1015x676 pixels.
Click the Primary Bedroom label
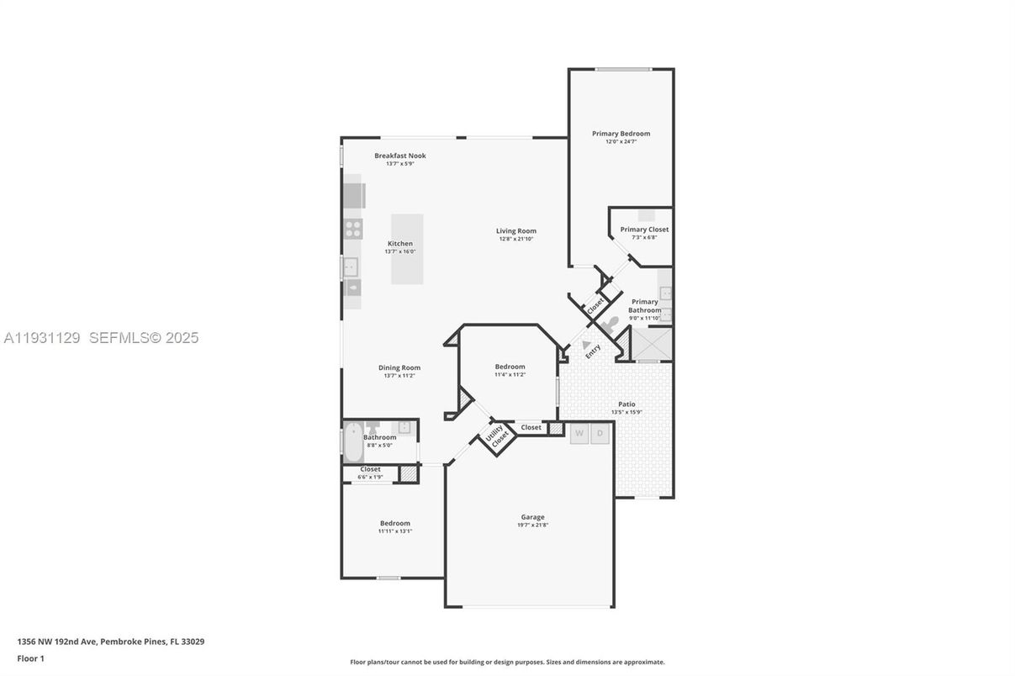[x=621, y=134]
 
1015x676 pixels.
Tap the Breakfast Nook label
[x=400, y=156]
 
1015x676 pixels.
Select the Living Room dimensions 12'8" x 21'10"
[x=515, y=239]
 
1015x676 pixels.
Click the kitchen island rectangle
[x=407, y=249]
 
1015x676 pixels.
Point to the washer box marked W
[x=579, y=434]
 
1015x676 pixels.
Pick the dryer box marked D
[x=600, y=434]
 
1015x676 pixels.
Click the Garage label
[x=532, y=517]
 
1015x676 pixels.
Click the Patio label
[x=626, y=404]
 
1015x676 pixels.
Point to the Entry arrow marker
[x=586, y=345]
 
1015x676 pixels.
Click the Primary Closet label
[x=644, y=230]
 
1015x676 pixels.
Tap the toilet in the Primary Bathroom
[x=611, y=323]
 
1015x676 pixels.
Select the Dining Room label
[x=399, y=367]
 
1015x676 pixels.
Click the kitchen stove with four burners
[x=353, y=229]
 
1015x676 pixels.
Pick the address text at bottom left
[x=110, y=642]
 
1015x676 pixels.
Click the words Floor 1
[x=30, y=658]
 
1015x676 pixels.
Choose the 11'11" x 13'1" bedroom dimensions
[x=394, y=531]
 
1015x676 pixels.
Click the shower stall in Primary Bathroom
[x=651, y=345]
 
